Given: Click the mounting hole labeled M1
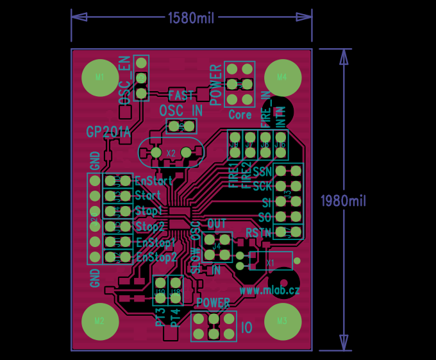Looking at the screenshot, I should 99,78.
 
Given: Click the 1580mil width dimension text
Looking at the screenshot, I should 191,18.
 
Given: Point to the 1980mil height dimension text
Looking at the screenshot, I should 343,201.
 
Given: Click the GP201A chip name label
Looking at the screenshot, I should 108,132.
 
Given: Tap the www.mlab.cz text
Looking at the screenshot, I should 269,290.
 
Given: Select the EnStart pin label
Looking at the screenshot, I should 153,181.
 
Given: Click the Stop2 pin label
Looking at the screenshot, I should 150,227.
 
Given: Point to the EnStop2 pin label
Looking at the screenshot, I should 156,257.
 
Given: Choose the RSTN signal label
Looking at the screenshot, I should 258,232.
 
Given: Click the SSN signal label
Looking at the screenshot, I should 262,172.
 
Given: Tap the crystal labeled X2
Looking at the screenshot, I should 171,153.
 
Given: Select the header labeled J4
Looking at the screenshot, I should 217,245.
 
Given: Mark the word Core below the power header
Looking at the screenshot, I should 240,116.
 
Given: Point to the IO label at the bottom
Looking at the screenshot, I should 247,328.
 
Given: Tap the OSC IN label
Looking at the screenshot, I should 181,110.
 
